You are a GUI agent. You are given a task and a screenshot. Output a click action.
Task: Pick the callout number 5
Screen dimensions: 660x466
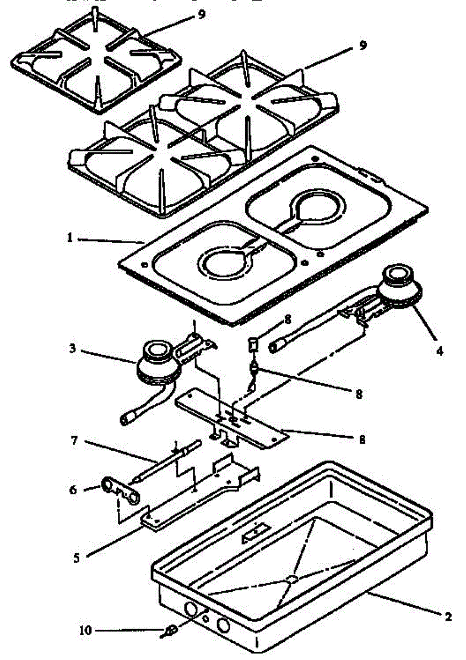coord(76,557)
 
